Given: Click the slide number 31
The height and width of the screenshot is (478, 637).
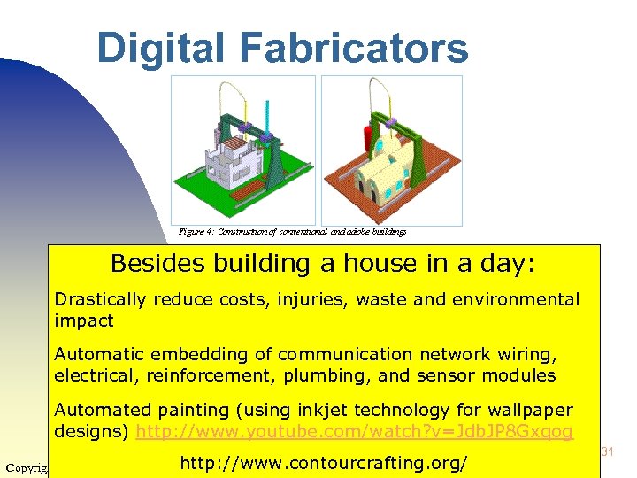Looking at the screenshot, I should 607,452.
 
